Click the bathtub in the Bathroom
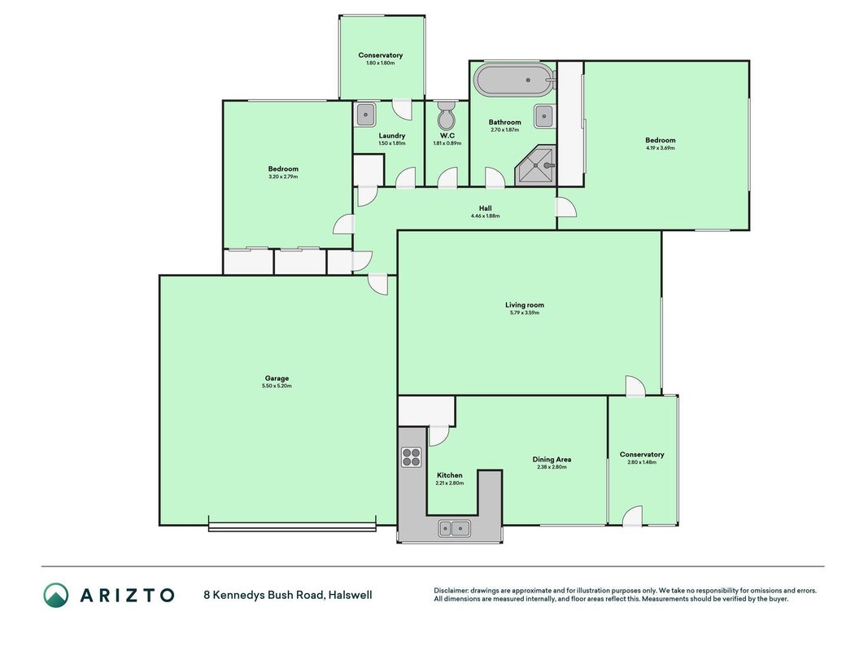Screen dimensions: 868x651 516,81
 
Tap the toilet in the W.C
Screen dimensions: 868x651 446,115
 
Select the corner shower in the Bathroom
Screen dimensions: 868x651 535,165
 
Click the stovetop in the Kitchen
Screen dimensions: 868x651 412,457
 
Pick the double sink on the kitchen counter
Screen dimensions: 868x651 455,529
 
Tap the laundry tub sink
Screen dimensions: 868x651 366,115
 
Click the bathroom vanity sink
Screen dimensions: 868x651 544,117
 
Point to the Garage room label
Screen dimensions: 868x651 277,378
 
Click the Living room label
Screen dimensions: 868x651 525,305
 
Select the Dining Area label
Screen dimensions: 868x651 552,460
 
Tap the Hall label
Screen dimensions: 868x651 486,208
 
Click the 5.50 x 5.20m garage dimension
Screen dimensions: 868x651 277,386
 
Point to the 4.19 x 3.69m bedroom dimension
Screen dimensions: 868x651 661,148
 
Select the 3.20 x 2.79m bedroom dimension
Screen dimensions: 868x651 283,177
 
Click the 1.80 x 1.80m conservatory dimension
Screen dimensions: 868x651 380,63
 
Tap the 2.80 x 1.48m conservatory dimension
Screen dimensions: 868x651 642,462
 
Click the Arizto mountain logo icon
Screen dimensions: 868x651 56,595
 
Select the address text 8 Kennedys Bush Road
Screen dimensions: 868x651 264,596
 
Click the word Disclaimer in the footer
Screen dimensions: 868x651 451,591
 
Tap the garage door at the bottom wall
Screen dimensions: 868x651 292,527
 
